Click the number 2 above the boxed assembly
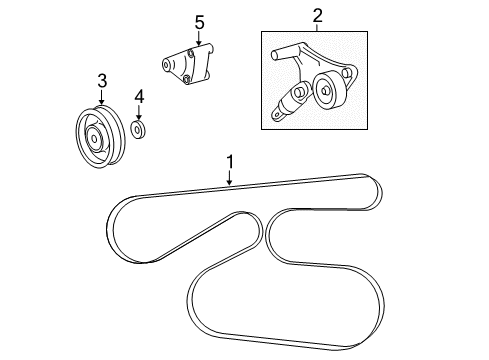318,15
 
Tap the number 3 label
101,81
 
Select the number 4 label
139,96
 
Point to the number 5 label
199,20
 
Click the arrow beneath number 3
101,97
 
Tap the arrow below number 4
139,112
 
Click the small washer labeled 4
139,130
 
